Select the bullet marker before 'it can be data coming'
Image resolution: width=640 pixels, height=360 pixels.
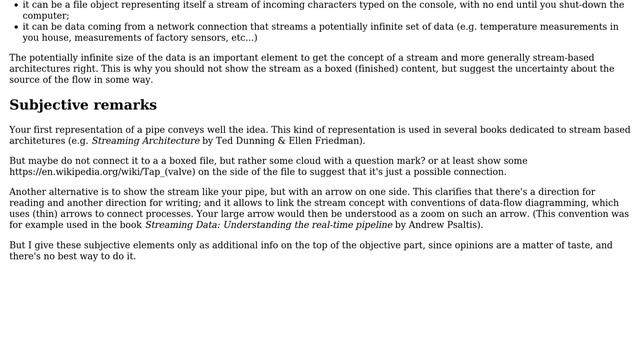coord(14,27)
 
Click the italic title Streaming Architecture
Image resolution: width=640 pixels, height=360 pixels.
coord(145,141)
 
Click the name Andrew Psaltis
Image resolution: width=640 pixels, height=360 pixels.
coord(437,225)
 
